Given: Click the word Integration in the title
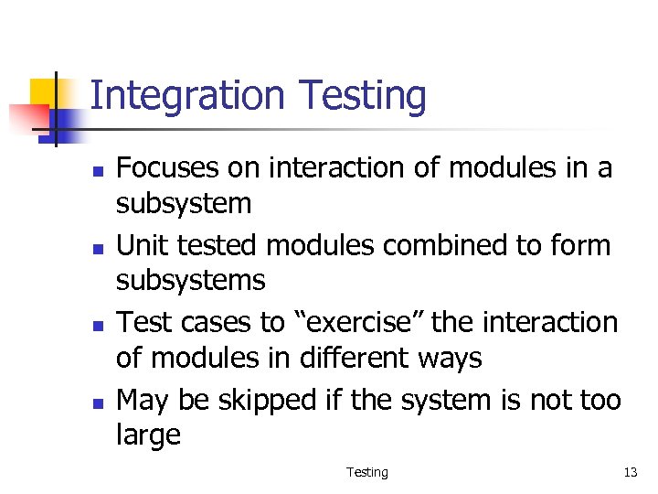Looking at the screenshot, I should pyautogui.click(x=187, y=96).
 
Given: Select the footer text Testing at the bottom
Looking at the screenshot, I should pyautogui.click(x=366, y=472).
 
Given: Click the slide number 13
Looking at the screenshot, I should pyautogui.click(x=630, y=472).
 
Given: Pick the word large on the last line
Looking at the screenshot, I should pyautogui.click(x=148, y=435).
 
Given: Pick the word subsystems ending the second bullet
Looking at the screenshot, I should pyautogui.click(x=190, y=280).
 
